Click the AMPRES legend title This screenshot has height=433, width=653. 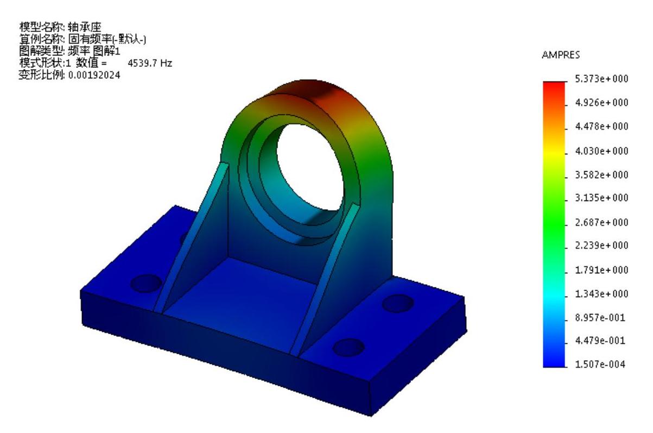click(x=561, y=55)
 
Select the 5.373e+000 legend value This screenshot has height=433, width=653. click(x=601, y=79)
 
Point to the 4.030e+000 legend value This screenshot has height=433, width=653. click(x=601, y=151)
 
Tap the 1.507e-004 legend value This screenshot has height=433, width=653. click(x=600, y=364)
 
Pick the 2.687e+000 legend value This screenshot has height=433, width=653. click(x=601, y=222)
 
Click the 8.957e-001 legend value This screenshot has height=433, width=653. click(x=600, y=317)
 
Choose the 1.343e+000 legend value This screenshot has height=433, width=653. click(x=601, y=293)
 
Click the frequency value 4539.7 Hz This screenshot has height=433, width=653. click(x=150, y=63)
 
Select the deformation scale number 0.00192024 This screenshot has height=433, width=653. click(x=94, y=76)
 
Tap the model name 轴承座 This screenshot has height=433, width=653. click(x=85, y=27)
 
